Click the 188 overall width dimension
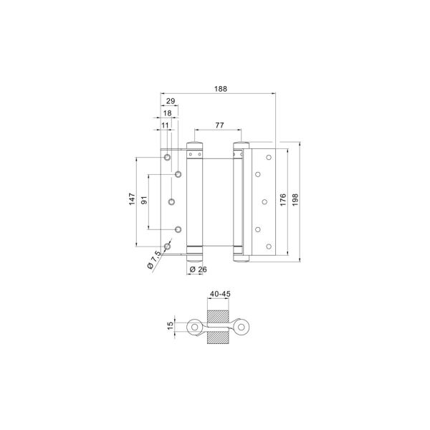click(x=221, y=89)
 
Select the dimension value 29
click(x=171, y=101)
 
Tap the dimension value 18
click(x=167, y=113)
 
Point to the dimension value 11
click(x=165, y=125)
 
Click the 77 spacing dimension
click(x=219, y=125)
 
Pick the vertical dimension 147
click(x=132, y=199)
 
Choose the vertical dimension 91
click(x=144, y=200)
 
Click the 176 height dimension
click(x=283, y=200)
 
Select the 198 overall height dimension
click(x=295, y=200)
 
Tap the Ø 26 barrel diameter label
click(x=199, y=269)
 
